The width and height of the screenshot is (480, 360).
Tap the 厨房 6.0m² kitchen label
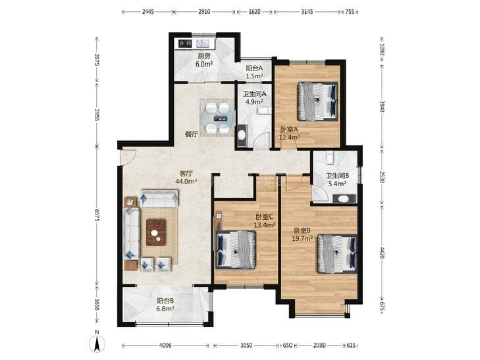pos(204,60)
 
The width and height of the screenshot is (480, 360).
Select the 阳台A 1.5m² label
pos(254,72)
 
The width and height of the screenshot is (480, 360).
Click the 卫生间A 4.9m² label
pos(254,98)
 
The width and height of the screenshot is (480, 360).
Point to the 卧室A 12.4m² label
pos(289,134)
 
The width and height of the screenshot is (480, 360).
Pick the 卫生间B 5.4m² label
pos(337,180)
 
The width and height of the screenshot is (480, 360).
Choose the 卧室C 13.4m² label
pos(265,221)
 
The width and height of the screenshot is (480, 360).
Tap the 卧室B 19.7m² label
pos(302,234)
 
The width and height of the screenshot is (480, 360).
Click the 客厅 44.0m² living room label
pos(186,177)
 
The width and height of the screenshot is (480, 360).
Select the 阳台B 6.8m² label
pos(165,305)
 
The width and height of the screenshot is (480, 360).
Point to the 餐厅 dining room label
pos(192,134)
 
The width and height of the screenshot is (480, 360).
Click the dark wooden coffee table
pos(156,232)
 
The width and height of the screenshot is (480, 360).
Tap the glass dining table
pos(218,118)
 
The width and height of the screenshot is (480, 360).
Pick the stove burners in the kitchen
pos(185,43)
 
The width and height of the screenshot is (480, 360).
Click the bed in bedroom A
pos(318,101)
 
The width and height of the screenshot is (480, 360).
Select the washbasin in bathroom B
pos(344,199)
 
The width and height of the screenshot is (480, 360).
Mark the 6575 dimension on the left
pos(97,217)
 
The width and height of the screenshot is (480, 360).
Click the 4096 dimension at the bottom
pos(165,346)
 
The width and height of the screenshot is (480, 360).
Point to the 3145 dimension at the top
pos(307,12)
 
